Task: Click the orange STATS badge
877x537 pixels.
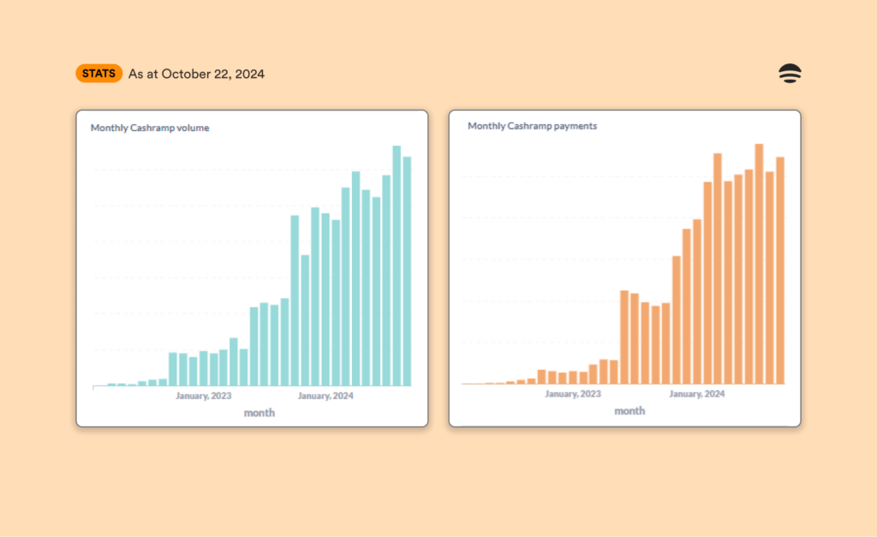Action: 99,74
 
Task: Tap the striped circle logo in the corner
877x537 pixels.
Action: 789,74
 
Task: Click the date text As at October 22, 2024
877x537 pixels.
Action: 196,75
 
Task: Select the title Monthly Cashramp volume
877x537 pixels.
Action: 150,128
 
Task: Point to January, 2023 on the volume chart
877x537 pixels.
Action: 204,396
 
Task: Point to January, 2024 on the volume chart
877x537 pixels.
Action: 325,396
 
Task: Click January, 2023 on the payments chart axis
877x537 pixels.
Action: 573,394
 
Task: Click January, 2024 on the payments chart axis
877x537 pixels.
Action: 696,394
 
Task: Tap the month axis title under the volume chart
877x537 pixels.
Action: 260,413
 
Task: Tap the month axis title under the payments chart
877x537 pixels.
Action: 629,411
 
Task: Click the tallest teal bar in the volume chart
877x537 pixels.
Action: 397,266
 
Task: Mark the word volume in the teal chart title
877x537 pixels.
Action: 194,128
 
